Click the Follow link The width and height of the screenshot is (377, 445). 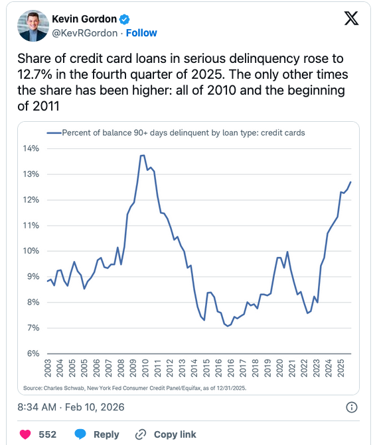pos(141,32)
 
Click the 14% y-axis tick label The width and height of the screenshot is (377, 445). pos(32,148)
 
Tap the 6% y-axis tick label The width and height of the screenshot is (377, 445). pos(34,353)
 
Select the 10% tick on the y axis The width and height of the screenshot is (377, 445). pos(32,251)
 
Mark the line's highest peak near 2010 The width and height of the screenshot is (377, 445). pos(142,155)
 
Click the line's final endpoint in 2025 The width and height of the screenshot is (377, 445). pos(350,181)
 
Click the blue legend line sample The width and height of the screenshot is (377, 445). pos(53,133)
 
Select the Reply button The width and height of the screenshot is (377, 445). pos(97,434)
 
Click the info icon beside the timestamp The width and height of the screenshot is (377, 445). pos(352,407)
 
